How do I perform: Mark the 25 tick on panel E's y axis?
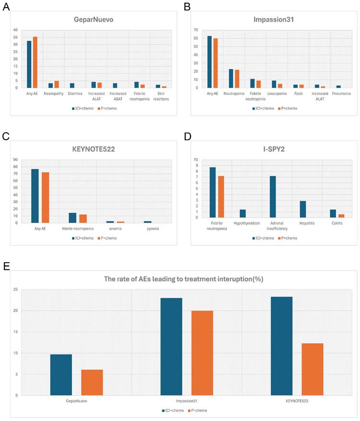[x=15, y=289]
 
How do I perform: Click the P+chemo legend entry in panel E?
[x=198, y=410]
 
